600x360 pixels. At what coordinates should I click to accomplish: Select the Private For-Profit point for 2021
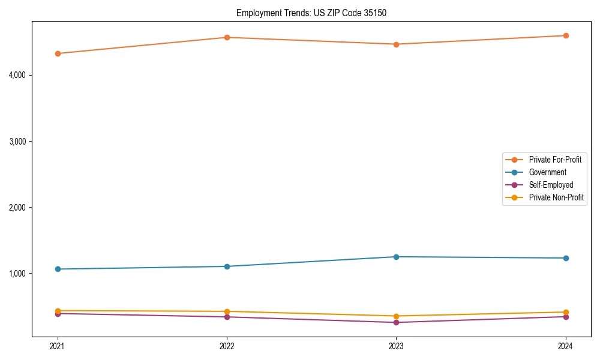pyautogui.click(x=58, y=53)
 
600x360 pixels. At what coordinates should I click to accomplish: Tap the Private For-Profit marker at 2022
pyautogui.click(x=227, y=37)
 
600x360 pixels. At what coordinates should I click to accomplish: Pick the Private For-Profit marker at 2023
pyautogui.click(x=396, y=44)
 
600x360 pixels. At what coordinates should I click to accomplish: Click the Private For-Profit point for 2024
pyautogui.click(x=566, y=35)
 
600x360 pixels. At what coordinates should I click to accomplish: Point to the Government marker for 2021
pyautogui.click(x=58, y=269)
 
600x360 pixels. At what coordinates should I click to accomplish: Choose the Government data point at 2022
pyautogui.click(x=227, y=266)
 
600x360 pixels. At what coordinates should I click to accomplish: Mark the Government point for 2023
pyautogui.click(x=396, y=257)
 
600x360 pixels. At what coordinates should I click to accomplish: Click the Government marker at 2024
pyautogui.click(x=566, y=258)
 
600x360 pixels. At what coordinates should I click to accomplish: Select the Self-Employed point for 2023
pyautogui.click(x=396, y=323)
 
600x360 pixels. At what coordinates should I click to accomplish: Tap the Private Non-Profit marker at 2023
pyautogui.click(x=396, y=316)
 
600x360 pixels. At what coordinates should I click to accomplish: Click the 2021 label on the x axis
pyautogui.click(x=58, y=346)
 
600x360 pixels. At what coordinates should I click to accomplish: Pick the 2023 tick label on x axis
pyautogui.click(x=396, y=346)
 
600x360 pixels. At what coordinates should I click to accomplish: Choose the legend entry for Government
pyautogui.click(x=547, y=172)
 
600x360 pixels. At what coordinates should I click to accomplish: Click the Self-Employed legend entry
pyautogui.click(x=551, y=185)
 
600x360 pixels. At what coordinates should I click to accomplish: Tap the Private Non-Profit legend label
pyautogui.click(x=556, y=197)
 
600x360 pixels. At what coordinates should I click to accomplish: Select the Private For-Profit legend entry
pyautogui.click(x=555, y=160)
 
